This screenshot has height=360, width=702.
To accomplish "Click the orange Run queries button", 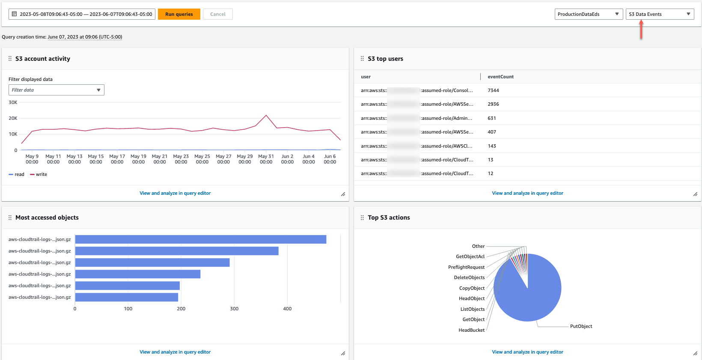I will coord(179,14).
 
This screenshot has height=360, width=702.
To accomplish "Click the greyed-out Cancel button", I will coord(217,14).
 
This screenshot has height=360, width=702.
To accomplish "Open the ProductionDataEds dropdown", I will coord(588,14).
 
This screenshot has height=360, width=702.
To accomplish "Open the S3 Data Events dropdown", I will coord(659,14).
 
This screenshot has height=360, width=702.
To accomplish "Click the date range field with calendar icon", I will coord(82,14).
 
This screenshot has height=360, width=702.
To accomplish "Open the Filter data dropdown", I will coord(56,90).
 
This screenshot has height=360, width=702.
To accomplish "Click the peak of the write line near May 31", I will coord(266,115).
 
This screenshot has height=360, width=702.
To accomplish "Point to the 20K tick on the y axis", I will coord(13,118).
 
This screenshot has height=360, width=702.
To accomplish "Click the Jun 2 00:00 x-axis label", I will coord(287,159).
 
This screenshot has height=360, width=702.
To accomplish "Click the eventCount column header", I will coord(500,77).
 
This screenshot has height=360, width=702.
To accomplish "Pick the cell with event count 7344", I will coord(493,90).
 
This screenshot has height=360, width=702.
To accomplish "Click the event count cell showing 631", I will coord(491,118).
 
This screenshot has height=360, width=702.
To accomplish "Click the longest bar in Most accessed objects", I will coord(200,239).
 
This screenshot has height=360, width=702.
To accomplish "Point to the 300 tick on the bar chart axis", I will coord(234,309).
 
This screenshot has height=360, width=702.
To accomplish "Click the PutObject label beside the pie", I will coord(581,326).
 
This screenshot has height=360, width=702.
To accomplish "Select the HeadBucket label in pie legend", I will coord(471,330).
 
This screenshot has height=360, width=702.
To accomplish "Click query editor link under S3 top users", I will coord(527,193).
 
